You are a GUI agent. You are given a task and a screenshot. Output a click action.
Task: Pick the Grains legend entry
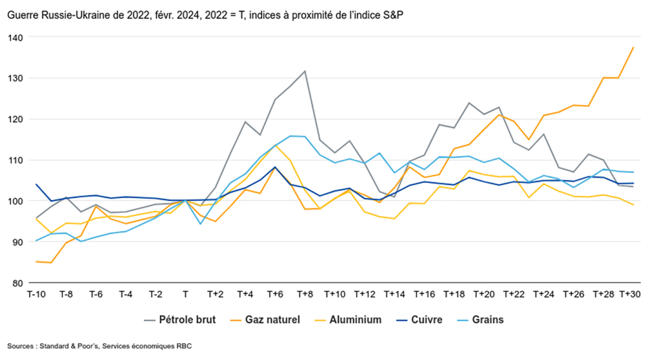pyautogui.click(x=488, y=320)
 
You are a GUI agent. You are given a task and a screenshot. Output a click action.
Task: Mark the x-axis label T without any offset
pyautogui.click(x=185, y=294)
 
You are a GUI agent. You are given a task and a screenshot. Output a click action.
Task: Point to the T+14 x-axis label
pyautogui.click(x=394, y=294)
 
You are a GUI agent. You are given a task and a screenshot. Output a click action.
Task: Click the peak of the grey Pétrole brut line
pyautogui.click(x=305, y=71)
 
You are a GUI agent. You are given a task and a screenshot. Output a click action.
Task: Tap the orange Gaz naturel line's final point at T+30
pyautogui.click(x=633, y=47)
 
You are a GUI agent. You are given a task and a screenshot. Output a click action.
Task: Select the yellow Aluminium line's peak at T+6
pyautogui.click(x=275, y=145)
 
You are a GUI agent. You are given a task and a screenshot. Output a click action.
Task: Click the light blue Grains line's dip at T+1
pyautogui.click(x=201, y=223)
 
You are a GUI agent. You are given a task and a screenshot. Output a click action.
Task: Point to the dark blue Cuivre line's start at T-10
pyautogui.click(x=36, y=185)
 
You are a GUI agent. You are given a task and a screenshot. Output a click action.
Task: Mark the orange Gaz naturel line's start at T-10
pyautogui.click(x=36, y=261)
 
